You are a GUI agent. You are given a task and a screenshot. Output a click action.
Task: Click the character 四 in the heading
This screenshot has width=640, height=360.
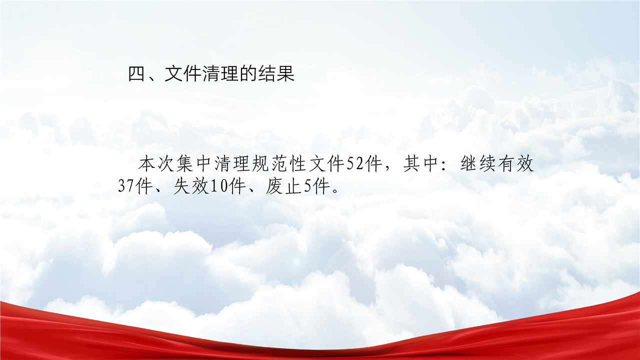coord(137,74)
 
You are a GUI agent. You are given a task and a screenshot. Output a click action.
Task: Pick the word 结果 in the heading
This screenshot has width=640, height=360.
coord(276,74)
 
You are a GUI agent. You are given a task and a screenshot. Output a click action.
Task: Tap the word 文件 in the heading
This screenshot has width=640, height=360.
coord(183,74)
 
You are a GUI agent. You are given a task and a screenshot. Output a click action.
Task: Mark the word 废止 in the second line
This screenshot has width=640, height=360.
coord(283,187)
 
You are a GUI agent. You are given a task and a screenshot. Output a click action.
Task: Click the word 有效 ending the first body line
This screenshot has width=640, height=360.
coord(516,164)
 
